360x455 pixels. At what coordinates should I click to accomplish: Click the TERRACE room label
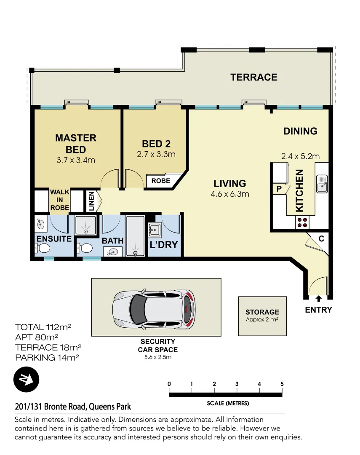253,77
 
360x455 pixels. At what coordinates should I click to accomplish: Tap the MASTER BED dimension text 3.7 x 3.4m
76,160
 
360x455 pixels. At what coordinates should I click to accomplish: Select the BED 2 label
156,143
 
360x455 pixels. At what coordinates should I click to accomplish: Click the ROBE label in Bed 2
161,181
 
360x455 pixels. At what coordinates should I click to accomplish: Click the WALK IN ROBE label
60,200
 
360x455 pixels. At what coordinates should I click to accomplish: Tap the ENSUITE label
54,239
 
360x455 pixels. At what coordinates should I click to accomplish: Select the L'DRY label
164,244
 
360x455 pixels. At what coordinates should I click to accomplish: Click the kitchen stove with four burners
301,222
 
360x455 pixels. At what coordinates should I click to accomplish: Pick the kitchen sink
322,184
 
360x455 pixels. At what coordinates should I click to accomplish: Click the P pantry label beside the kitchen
278,189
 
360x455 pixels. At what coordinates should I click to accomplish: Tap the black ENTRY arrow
319,299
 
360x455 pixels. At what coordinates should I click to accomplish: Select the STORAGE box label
262,312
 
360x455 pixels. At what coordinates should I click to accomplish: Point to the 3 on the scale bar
237,384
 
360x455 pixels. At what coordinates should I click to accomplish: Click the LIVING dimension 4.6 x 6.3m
230,194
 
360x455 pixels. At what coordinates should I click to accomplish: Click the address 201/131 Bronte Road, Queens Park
73,407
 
